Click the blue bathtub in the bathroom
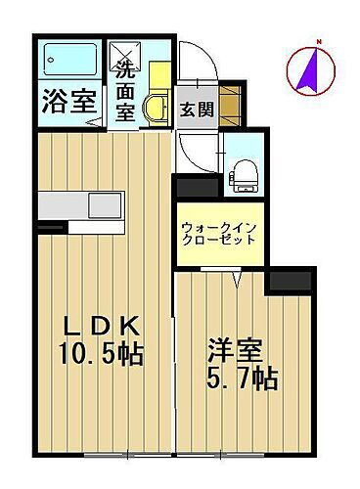pyautogui.click(x=69, y=61)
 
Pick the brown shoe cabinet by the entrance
pyautogui.click(x=229, y=102)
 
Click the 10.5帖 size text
pyautogui.click(x=103, y=353)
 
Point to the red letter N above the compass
pyautogui.click(x=317, y=41)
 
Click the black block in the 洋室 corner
pyautogui.click(x=291, y=284)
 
